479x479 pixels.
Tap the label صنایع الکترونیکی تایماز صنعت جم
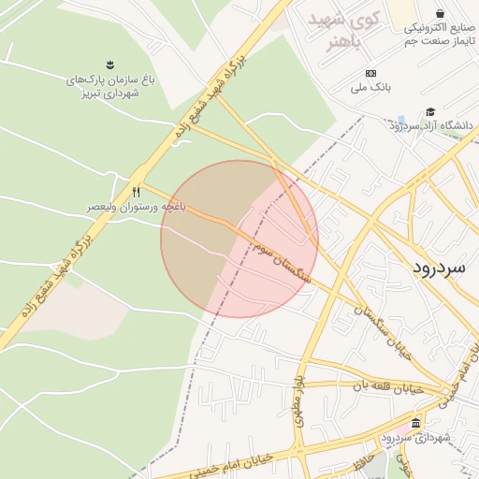click(x=440, y=35)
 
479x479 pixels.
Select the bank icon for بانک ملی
click(x=371, y=73)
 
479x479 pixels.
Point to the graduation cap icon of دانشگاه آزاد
click(x=430, y=111)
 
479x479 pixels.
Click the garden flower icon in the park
click(x=111, y=65)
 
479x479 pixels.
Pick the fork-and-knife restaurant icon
click(x=137, y=192)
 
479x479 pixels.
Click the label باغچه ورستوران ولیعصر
click(x=137, y=205)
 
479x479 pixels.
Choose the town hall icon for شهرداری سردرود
click(x=415, y=423)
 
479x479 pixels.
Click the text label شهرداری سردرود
click(x=416, y=438)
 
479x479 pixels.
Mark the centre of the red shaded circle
click(x=239, y=239)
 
